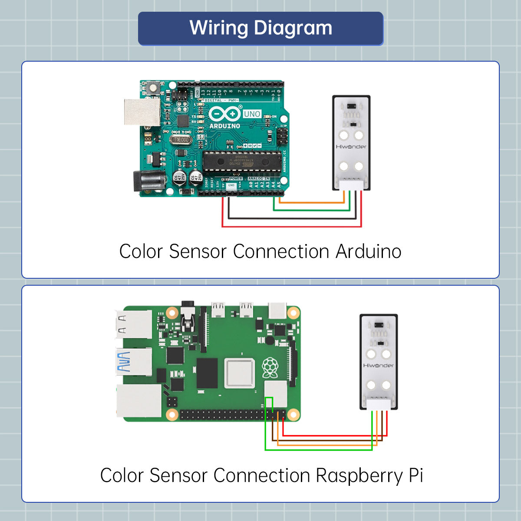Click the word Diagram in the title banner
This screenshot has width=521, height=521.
tap(293, 29)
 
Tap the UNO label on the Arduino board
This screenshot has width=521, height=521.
tap(252, 114)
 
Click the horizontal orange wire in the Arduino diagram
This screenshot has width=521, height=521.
tap(310, 202)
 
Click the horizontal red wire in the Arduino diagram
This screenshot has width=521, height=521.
tap(291, 226)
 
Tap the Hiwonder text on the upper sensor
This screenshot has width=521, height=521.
tap(351, 147)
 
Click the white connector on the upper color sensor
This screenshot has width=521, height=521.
tap(351, 185)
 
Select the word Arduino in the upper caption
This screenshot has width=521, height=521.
tap(368, 252)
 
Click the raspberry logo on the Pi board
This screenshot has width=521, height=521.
tap(270, 367)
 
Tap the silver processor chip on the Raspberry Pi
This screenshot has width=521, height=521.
tap(239, 374)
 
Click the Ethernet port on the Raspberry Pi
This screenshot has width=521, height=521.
tap(138, 401)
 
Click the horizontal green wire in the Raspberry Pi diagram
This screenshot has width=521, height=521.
tap(317, 449)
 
